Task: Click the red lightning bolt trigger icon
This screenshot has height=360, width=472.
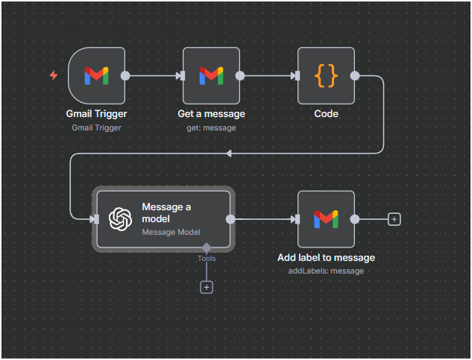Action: (53, 75)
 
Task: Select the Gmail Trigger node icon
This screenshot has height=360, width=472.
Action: (95, 75)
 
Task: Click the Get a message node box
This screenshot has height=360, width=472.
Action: (211, 75)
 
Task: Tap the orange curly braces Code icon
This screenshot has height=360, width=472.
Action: (326, 75)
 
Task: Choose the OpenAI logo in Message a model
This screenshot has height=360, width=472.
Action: (121, 218)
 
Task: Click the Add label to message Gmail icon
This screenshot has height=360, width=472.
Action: (326, 218)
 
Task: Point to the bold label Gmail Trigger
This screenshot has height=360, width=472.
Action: (96, 114)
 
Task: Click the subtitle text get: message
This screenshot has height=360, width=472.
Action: (211, 127)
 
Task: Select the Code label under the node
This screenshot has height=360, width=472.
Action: (326, 114)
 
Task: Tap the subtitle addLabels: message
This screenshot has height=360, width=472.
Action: (326, 271)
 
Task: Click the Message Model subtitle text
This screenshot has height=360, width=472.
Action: (172, 232)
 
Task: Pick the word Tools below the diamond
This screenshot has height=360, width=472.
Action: (207, 259)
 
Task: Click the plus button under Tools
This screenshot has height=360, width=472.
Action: (207, 287)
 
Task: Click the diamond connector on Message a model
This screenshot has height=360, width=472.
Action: (207, 247)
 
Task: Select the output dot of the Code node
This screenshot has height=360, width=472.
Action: (355, 75)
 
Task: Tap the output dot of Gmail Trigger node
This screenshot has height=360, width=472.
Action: (125, 75)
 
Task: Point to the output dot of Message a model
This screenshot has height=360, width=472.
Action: (230, 219)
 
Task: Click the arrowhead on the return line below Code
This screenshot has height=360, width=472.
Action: (229, 153)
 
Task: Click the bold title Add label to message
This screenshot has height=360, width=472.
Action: (326, 257)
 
